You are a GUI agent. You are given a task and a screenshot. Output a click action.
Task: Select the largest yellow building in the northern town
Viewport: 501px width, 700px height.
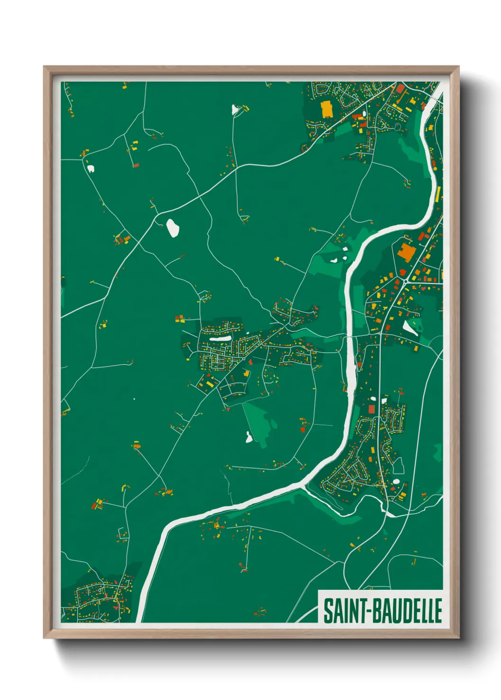click(x=327, y=109)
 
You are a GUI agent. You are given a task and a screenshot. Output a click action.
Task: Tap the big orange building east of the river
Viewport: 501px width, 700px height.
click(x=405, y=253)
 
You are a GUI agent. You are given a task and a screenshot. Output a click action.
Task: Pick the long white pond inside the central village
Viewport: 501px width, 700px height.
click(x=220, y=339)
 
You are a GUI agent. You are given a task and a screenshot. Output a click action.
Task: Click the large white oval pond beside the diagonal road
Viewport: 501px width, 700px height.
click(x=172, y=227)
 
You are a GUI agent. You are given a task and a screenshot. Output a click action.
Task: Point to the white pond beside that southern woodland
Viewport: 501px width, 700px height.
click(x=249, y=437)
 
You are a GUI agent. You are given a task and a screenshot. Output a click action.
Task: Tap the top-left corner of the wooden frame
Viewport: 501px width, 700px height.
click(x=45, y=67)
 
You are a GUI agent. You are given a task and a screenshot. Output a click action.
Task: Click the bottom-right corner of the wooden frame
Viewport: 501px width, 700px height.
click(x=458, y=638)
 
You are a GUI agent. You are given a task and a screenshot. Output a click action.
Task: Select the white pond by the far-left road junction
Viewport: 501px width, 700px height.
click(x=90, y=168)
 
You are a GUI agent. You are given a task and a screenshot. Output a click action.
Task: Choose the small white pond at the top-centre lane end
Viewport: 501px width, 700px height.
click(x=235, y=110)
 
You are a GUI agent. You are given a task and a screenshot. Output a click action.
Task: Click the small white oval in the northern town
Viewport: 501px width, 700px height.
click(x=364, y=114)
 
